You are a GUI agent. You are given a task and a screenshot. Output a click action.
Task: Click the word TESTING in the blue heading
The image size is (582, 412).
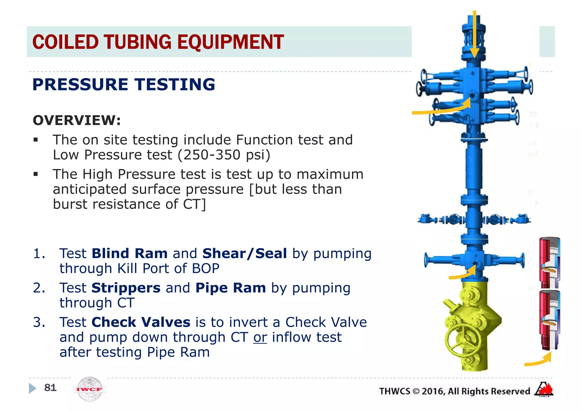click(175, 85)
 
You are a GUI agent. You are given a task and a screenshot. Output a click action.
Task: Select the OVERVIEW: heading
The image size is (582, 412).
click(77, 120)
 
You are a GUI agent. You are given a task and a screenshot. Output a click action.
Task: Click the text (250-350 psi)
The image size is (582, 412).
click(224, 155)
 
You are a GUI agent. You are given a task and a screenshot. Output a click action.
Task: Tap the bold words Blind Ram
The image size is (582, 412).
click(130, 254)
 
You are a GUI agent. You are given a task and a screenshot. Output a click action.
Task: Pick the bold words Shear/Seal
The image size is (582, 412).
click(244, 254)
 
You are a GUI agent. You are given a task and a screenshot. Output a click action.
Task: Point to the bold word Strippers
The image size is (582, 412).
click(126, 288)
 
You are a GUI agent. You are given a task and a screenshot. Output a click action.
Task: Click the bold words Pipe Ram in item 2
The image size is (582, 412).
click(230, 288)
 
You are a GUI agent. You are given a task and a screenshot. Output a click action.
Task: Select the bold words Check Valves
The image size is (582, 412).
click(141, 322)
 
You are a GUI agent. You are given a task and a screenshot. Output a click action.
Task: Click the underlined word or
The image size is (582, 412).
click(260, 337)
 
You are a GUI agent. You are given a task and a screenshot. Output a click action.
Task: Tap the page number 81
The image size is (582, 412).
click(50, 388)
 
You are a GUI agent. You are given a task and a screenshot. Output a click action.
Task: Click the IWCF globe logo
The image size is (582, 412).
click(90, 389)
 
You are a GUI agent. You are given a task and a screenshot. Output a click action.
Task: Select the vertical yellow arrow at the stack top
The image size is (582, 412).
click(474, 34)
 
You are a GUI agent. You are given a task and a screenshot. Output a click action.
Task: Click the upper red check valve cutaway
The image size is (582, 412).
click(549, 262)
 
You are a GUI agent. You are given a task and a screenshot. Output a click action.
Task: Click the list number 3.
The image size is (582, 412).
click(39, 322)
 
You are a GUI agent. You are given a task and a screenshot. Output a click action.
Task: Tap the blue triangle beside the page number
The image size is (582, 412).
click(32, 388)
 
